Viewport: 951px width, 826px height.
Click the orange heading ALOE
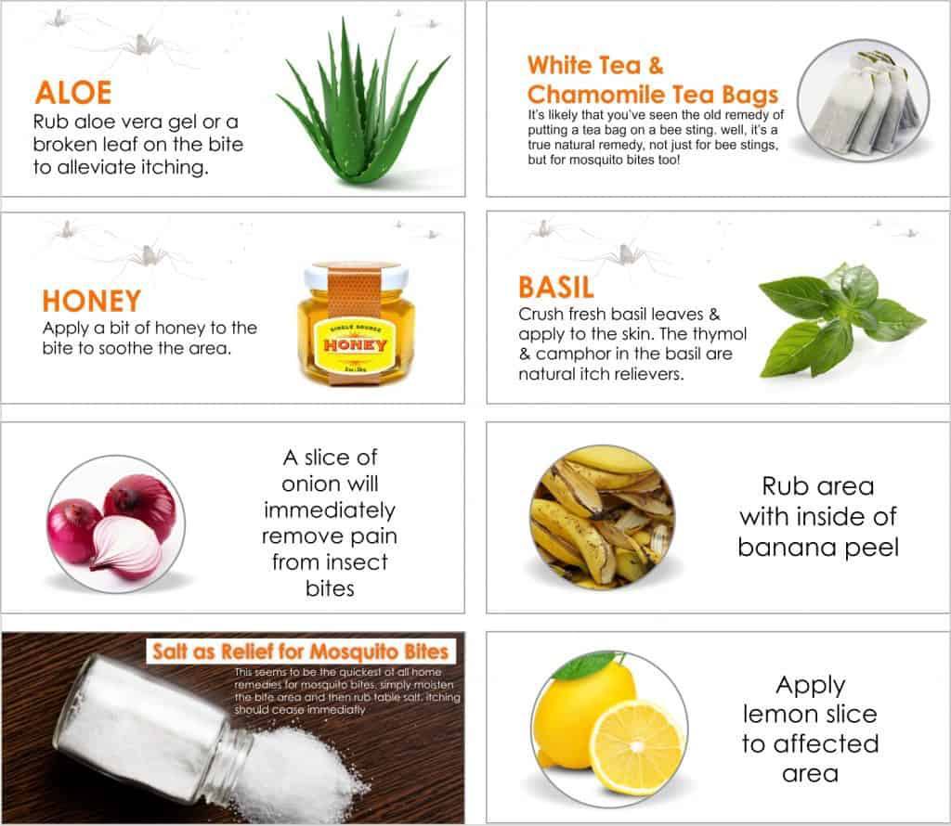(x=73, y=93)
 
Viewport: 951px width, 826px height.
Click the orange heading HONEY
(x=92, y=302)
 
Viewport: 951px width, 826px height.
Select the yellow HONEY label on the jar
(x=356, y=345)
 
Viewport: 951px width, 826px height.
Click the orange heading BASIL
(x=556, y=288)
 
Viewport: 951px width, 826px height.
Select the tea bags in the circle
(x=867, y=102)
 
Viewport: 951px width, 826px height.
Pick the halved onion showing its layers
(x=126, y=544)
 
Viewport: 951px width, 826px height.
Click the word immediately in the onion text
(x=330, y=510)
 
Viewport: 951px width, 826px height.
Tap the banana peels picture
(x=602, y=516)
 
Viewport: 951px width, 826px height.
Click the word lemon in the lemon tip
(x=777, y=714)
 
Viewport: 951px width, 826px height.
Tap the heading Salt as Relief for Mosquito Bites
(x=300, y=652)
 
